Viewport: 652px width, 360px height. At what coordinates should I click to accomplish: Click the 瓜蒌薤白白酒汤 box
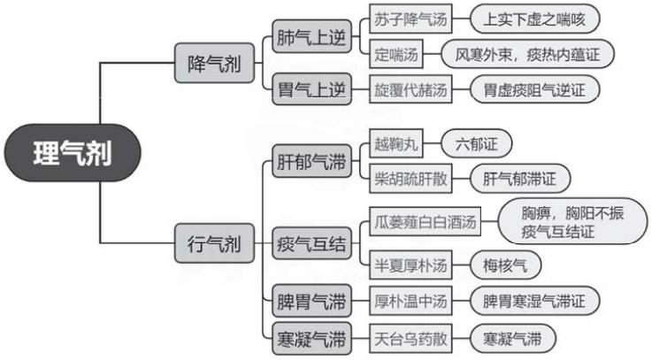tap(424, 222)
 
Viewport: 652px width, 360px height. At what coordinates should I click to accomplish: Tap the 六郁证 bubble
tap(476, 142)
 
